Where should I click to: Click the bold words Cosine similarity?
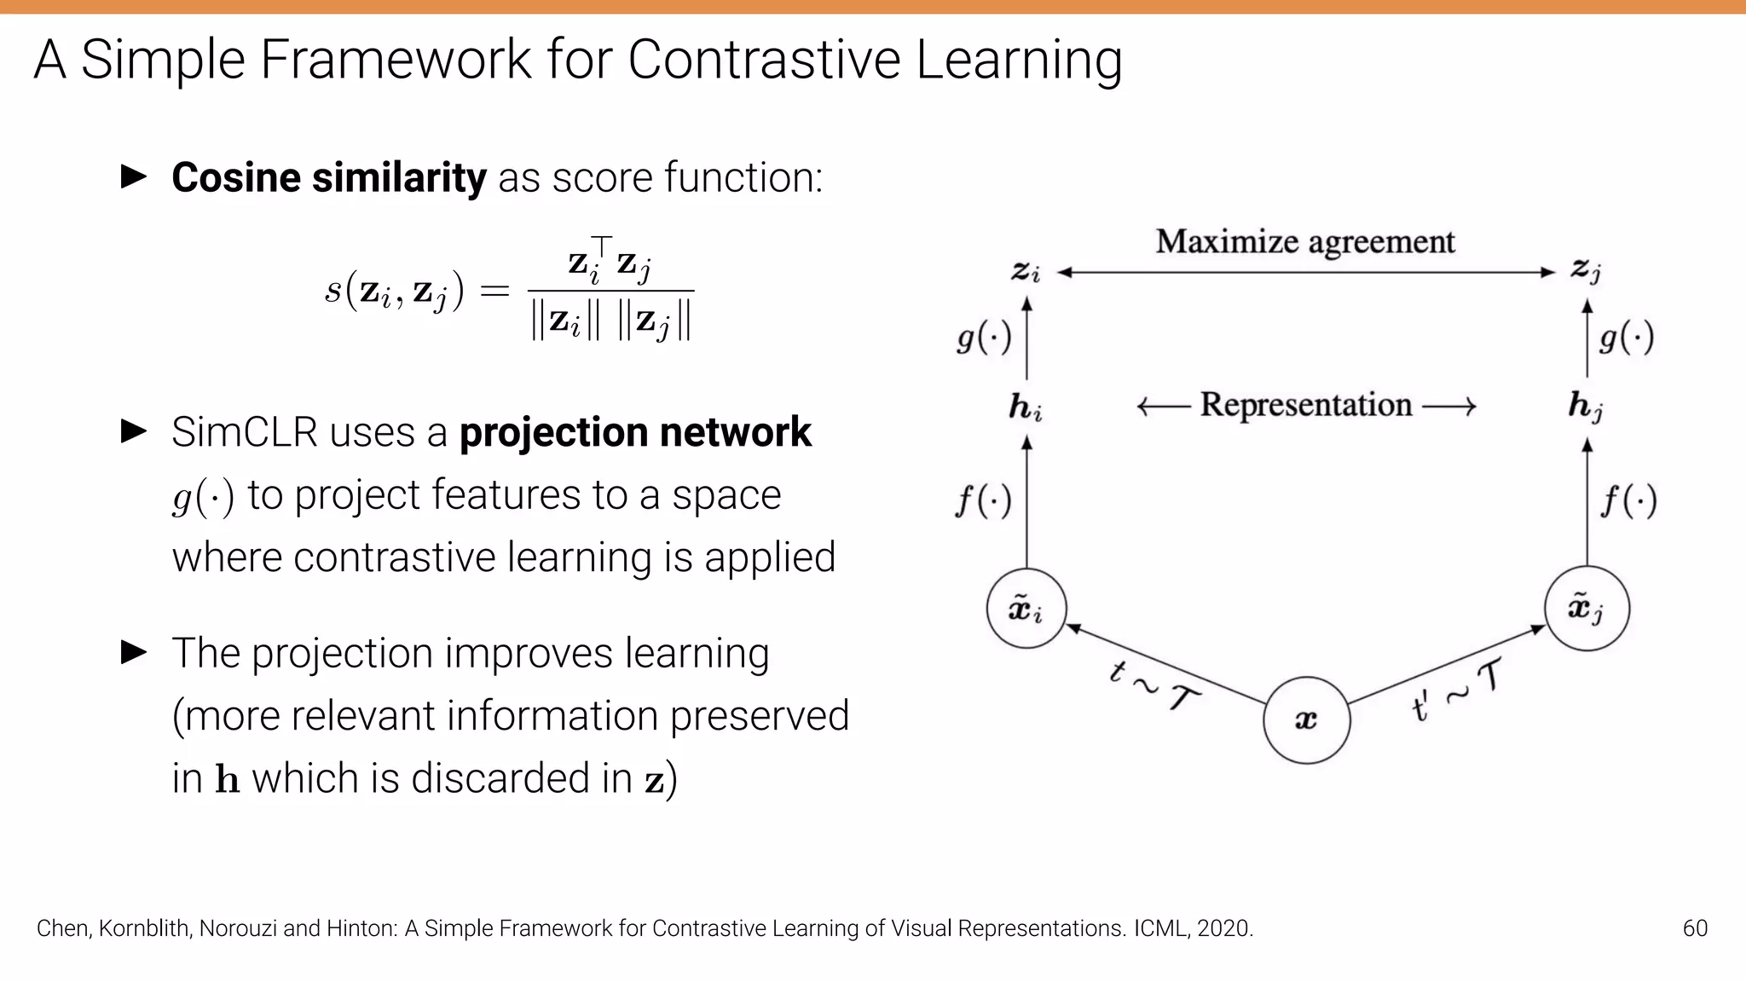328,178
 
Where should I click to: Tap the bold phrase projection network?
635,432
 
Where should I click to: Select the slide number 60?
1695,928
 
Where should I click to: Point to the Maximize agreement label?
1304,242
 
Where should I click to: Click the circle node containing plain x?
1306,720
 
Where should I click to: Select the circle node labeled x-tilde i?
1026,609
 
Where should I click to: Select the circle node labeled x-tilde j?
1587,609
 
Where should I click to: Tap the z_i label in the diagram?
1026,272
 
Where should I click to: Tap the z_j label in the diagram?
1586,271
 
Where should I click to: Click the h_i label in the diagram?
1026,407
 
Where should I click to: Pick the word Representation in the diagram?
1306,405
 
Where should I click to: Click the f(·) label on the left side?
983,500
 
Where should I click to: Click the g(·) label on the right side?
1627,338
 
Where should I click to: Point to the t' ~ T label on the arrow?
1456,690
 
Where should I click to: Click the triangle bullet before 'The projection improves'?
134,653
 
